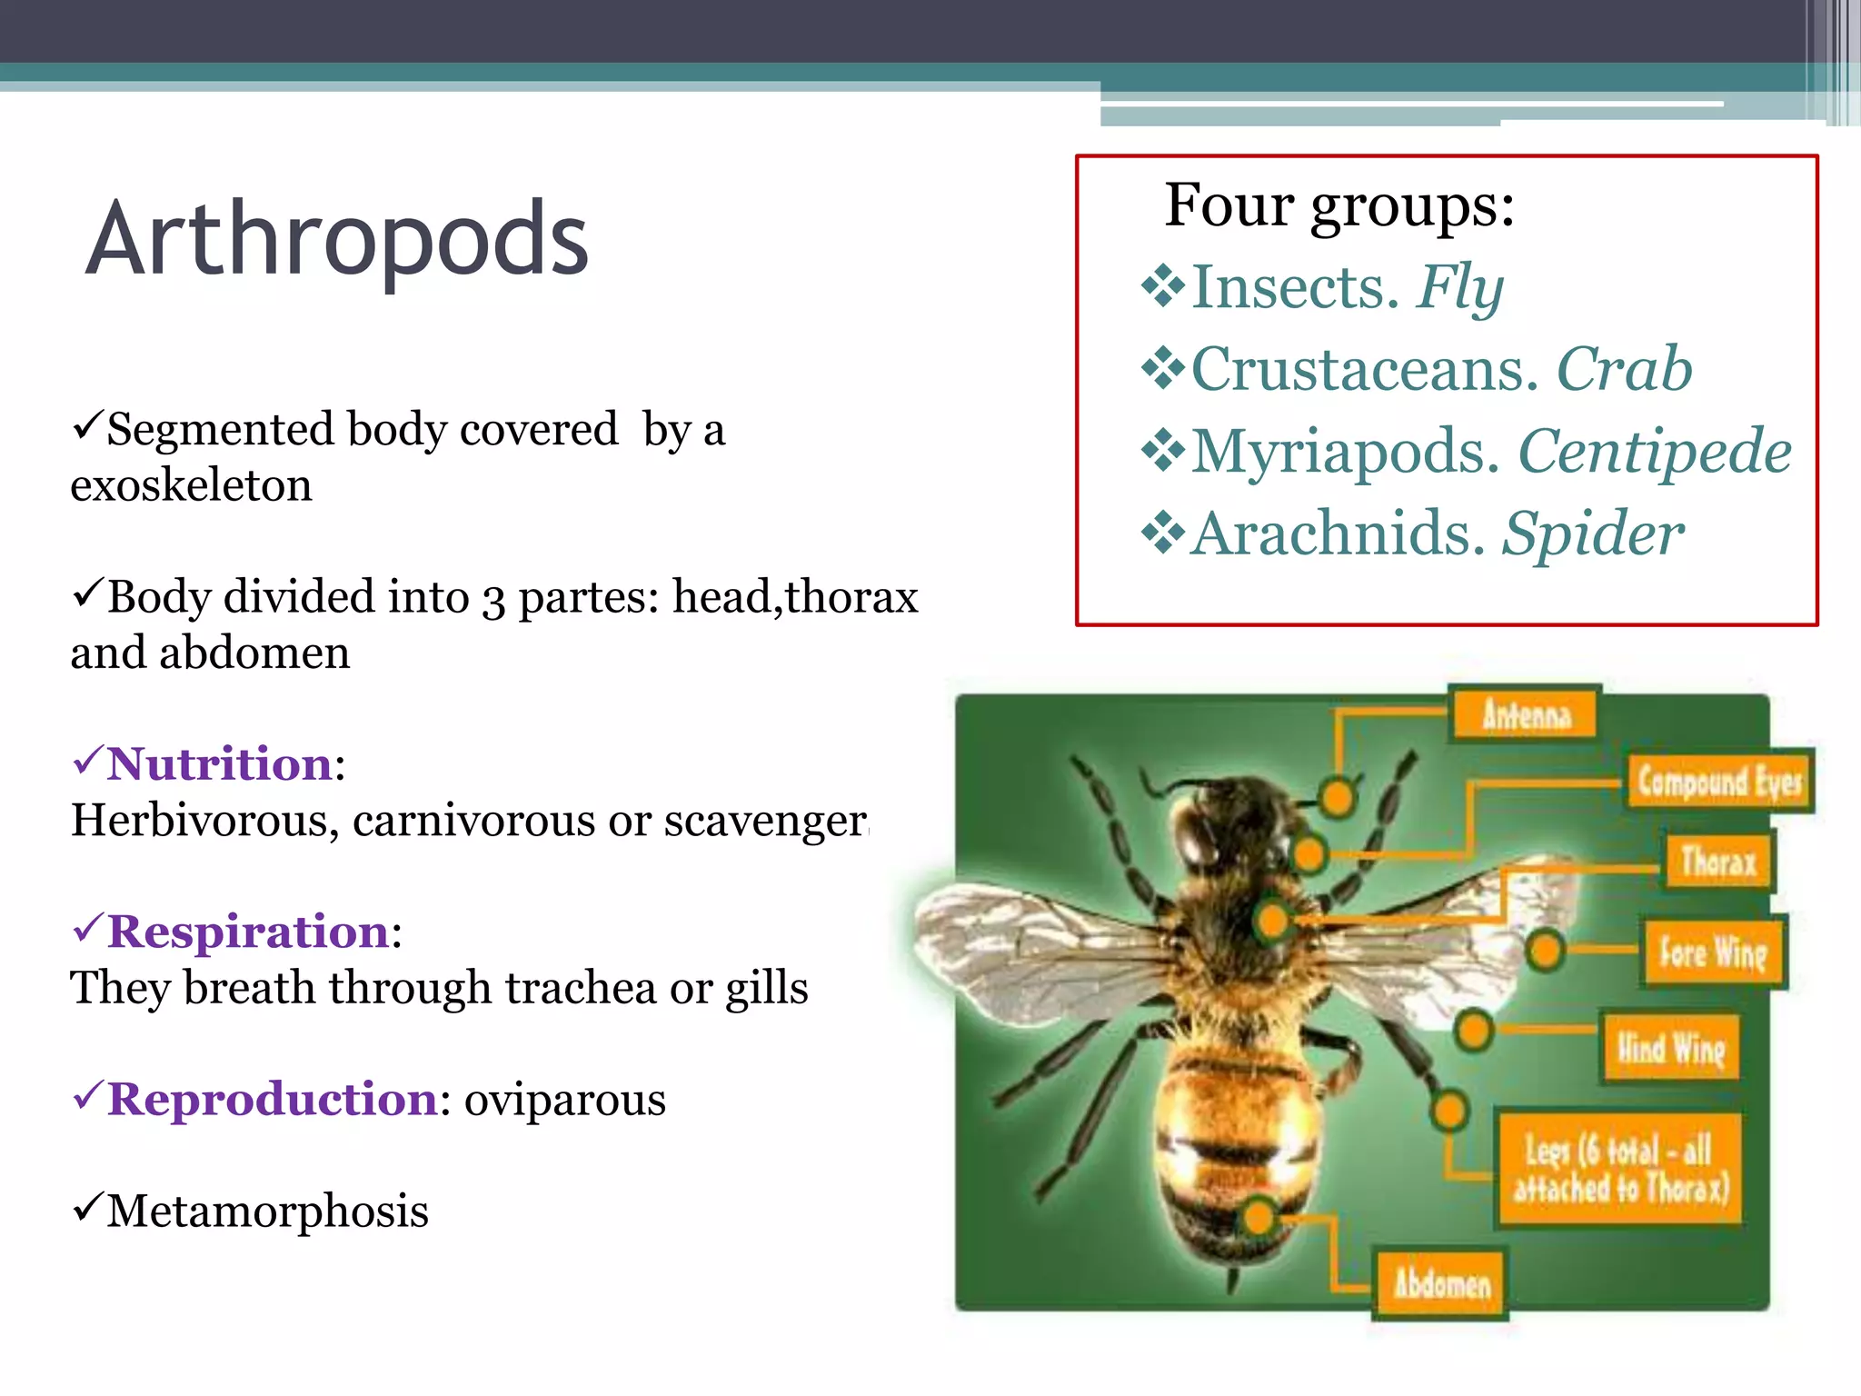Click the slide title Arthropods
pyautogui.click(x=337, y=240)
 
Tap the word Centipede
pyautogui.click(x=1654, y=452)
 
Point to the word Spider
pyautogui.click(x=1592, y=533)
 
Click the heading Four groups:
pyautogui.click(x=1339, y=205)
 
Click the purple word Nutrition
pyautogui.click(x=220, y=763)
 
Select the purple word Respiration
pyautogui.click(x=248, y=932)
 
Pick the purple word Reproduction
pyautogui.click(x=273, y=1099)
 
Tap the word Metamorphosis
pyautogui.click(x=267, y=1212)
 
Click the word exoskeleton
pyautogui.click(x=191, y=485)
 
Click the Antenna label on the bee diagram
pyautogui.click(x=1526, y=714)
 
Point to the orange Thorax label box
pyautogui.click(x=1717, y=862)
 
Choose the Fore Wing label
pyautogui.click(x=1713, y=952)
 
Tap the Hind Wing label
pyautogui.click(x=1670, y=1049)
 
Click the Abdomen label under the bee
pyautogui.click(x=1441, y=1283)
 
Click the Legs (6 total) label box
pyautogui.click(x=1619, y=1169)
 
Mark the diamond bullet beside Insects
pyautogui.click(x=1163, y=287)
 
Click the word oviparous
pyautogui.click(x=565, y=1100)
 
